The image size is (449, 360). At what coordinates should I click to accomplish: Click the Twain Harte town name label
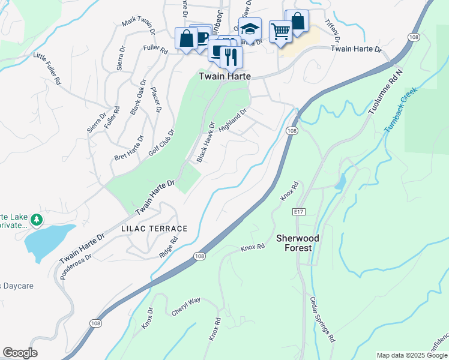pyautogui.click(x=224, y=77)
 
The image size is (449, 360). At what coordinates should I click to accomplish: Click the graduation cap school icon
pyautogui.click(x=250, y=28)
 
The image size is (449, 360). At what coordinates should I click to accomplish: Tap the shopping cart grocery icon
pyautogui.click(x=280, y=31)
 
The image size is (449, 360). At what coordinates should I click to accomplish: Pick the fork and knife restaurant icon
pyautogui.click(x=231, y=57)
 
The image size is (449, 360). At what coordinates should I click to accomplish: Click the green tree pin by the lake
pyautogui.click(x=37, y=220)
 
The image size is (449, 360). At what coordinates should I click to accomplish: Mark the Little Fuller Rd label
pyautogui.click(x=47, y=68)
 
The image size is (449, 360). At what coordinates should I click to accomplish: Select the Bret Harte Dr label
pyautogui.click(x=129, y=148)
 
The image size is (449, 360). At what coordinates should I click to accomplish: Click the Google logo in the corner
pyautogui.click(x=20, y=353)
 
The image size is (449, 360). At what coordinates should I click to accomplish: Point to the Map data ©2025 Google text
pyautogui.click(x=412, y=355)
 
